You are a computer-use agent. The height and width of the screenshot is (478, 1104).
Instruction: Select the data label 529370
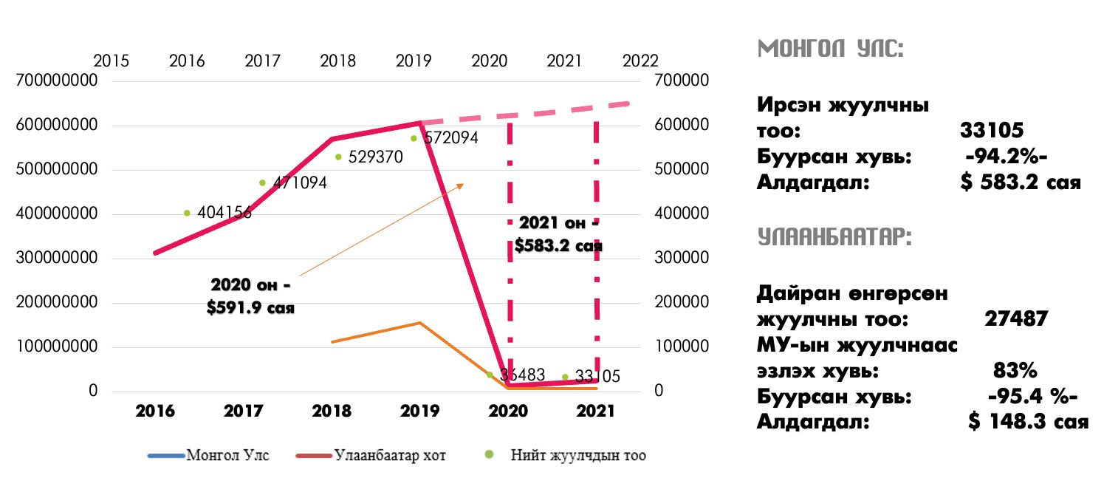click(x=375, y=157)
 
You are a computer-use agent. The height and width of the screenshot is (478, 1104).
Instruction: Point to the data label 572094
click(x=450, y=138)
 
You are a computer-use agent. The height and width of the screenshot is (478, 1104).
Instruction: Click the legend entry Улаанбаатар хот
click(x=389, y=455)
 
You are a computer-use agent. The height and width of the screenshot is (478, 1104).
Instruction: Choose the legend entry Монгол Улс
click(x=228, y=455)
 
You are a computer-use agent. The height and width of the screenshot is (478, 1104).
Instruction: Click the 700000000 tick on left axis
click(x=57, y=81)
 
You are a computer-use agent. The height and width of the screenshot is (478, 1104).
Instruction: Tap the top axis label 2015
click(x=111, y=61)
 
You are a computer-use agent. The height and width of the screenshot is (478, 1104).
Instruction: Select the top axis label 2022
click(x=640, y=61)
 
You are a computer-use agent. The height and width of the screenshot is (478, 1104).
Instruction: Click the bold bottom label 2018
click(x=332, y=411)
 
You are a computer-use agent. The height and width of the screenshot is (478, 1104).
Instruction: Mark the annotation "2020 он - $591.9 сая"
click(x=251, y=296)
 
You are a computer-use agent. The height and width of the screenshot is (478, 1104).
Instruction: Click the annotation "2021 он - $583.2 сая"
click(x=559, y=234)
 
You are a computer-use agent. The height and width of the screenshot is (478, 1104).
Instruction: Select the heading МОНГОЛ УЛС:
click(x=831, y=50)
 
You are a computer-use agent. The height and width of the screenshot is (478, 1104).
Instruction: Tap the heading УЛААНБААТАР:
click(x=834, y=237)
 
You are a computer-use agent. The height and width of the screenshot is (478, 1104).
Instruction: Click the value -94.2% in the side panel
click(x=1007, y=157)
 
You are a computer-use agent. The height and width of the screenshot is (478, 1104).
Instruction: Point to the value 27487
click(x=1016, y=319)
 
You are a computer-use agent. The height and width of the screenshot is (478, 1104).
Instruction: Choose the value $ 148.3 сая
click(x=1029, y=422)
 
